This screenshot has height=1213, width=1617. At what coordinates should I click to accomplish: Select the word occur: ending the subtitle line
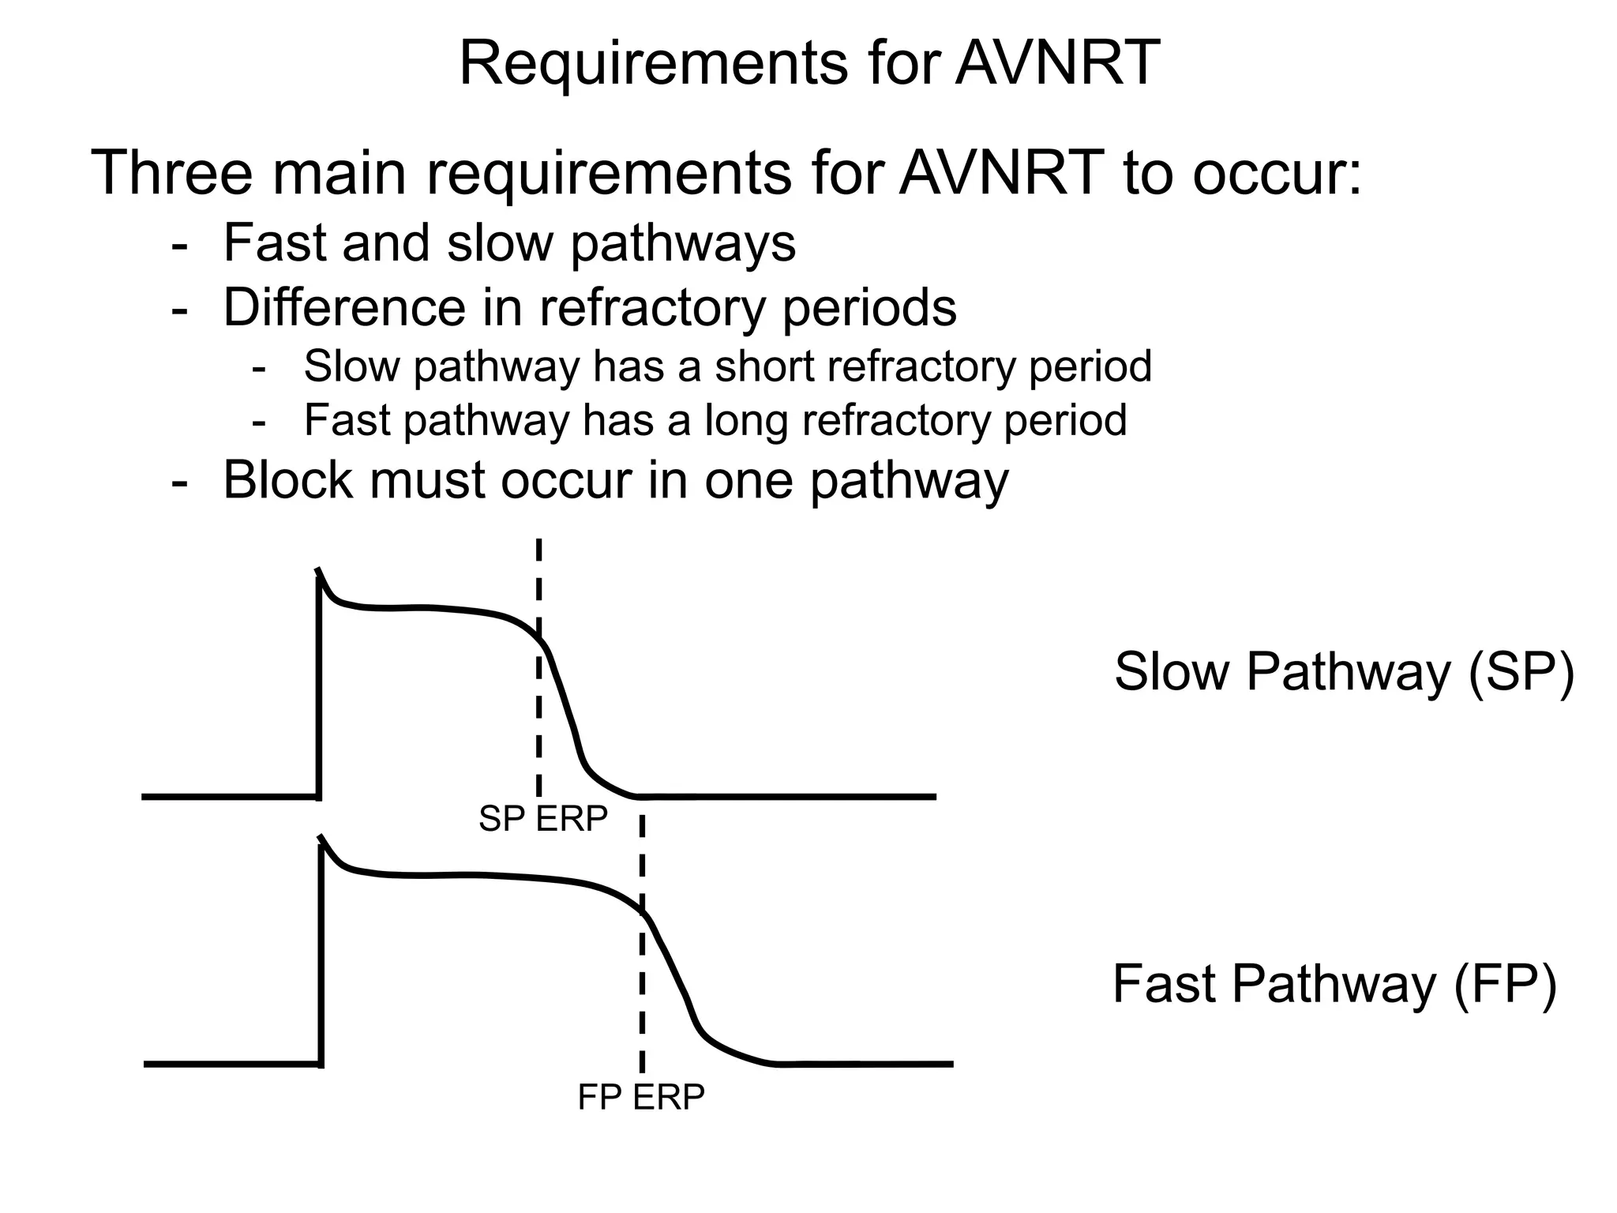(1276, 173)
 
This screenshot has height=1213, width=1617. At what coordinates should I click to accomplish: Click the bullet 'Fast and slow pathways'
(509, 243)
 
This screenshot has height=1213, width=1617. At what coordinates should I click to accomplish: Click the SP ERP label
(543, 819)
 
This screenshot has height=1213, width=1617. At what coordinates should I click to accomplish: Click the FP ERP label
(641, 1097)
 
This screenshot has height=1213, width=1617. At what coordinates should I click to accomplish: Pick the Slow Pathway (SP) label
(1344, 672)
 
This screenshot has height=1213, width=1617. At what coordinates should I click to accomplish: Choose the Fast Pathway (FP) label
(1334, 984)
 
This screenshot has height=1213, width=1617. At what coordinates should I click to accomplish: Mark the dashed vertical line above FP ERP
(642, 987)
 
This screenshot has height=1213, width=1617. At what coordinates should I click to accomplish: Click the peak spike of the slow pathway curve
(318, 571)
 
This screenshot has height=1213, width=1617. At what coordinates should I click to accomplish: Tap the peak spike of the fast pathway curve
(321, 838)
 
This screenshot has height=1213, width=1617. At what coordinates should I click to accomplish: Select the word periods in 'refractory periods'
(869, 307)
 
